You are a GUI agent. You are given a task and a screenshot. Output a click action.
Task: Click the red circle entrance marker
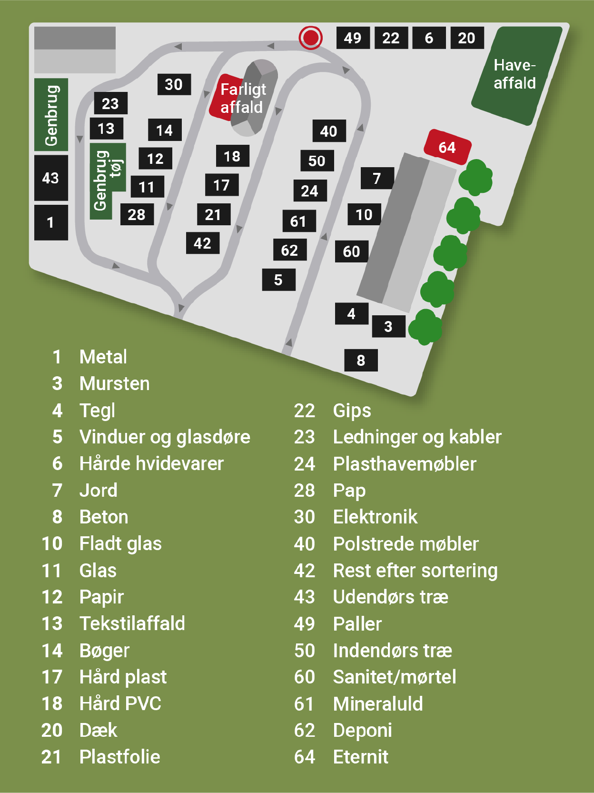pos(311,37)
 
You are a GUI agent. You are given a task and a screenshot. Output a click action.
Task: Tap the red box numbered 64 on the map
pos(447,147)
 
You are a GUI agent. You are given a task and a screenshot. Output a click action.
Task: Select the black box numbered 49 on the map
pos(353,38)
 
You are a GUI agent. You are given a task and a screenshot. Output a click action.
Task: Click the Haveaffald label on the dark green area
pos(515,74)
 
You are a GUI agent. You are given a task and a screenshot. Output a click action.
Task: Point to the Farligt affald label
pos(242,98)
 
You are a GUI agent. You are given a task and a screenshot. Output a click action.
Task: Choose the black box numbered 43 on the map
pos(50,178)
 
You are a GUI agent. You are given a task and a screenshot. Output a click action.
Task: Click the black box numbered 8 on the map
pos(361,360)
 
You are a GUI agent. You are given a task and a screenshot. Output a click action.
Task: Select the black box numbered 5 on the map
pos(278,280)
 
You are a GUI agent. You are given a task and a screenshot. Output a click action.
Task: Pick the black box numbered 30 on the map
pos(174,84)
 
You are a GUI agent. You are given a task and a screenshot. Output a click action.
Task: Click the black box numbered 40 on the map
pos(328,131)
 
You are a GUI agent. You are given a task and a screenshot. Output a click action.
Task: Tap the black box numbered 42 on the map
pos(202,243)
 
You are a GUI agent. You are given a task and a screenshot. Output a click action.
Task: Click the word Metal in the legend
pos(103,357)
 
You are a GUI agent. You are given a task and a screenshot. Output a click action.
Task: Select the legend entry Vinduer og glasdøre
pos(165,437)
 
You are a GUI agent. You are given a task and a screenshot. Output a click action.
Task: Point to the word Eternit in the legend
pos(360,757)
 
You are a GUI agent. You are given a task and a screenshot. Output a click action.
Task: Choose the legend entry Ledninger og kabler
pos(417,437)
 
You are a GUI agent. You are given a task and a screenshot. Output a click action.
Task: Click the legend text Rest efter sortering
pos(415,570)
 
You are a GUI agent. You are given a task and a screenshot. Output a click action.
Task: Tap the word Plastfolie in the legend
pos(119,757)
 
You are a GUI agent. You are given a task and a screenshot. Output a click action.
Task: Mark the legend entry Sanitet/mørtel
pos(394,677)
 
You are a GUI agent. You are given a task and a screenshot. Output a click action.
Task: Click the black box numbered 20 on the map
pos(466,38)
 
